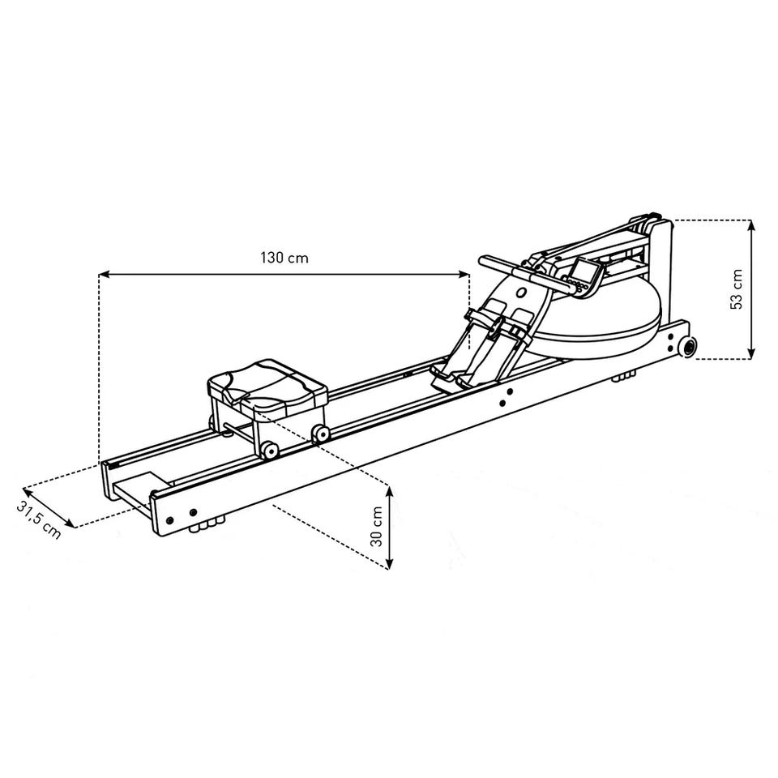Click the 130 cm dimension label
(284, 258)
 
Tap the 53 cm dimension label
(737, 289)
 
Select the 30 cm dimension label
(377, 527)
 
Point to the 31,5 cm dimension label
(40, 519)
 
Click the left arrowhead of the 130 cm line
(105, 273)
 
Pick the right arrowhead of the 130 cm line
(464, 273)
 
